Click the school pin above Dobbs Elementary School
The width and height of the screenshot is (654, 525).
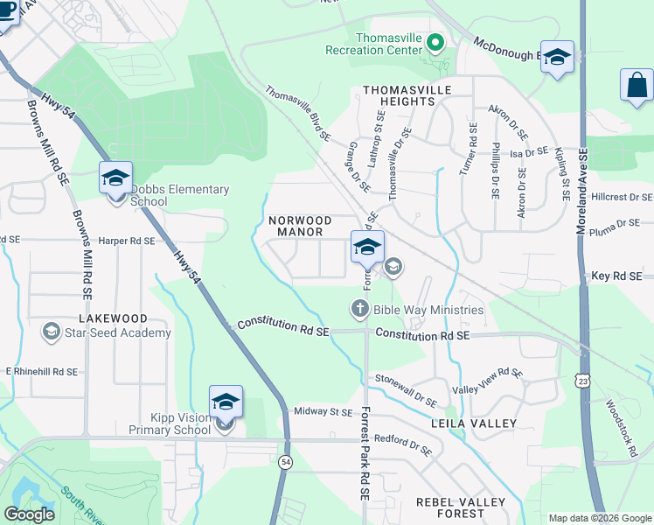pos(115,178)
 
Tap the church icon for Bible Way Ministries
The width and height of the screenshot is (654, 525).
pos(359,309)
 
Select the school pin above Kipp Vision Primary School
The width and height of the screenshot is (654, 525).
pos(226,402)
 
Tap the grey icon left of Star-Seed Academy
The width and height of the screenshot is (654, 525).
pos(51,332)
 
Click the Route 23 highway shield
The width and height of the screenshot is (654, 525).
pos(582,356)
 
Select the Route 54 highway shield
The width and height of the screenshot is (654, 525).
pos(285,461)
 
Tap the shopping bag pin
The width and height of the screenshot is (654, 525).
pos(637,86)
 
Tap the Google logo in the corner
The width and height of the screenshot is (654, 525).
pos(29,514)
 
